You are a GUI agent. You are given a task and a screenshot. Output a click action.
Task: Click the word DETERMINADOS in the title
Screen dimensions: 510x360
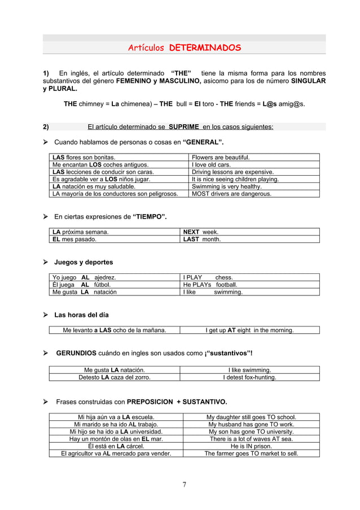(205, 47)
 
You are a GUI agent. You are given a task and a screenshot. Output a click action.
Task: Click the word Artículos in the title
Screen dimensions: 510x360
(146, 47)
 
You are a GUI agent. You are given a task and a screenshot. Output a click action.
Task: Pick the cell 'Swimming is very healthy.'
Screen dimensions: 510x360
(227, 186)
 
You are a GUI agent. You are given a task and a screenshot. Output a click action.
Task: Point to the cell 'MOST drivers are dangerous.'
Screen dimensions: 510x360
(231, 194)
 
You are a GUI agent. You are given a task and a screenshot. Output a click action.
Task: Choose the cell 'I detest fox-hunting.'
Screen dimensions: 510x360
(249, 377)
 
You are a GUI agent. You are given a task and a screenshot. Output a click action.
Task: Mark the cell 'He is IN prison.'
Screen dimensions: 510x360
(251, 446)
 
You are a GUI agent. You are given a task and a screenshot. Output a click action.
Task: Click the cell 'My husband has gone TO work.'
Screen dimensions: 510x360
(251, 424)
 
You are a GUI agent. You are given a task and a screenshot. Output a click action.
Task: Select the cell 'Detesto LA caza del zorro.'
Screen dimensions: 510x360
(114, 377)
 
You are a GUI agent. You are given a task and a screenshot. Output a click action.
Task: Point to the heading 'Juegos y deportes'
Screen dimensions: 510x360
(84, 263)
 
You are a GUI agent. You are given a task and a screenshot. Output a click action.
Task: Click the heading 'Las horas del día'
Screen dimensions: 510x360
(81, 315)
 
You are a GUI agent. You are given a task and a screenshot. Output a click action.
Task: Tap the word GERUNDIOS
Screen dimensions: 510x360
(76, 354)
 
